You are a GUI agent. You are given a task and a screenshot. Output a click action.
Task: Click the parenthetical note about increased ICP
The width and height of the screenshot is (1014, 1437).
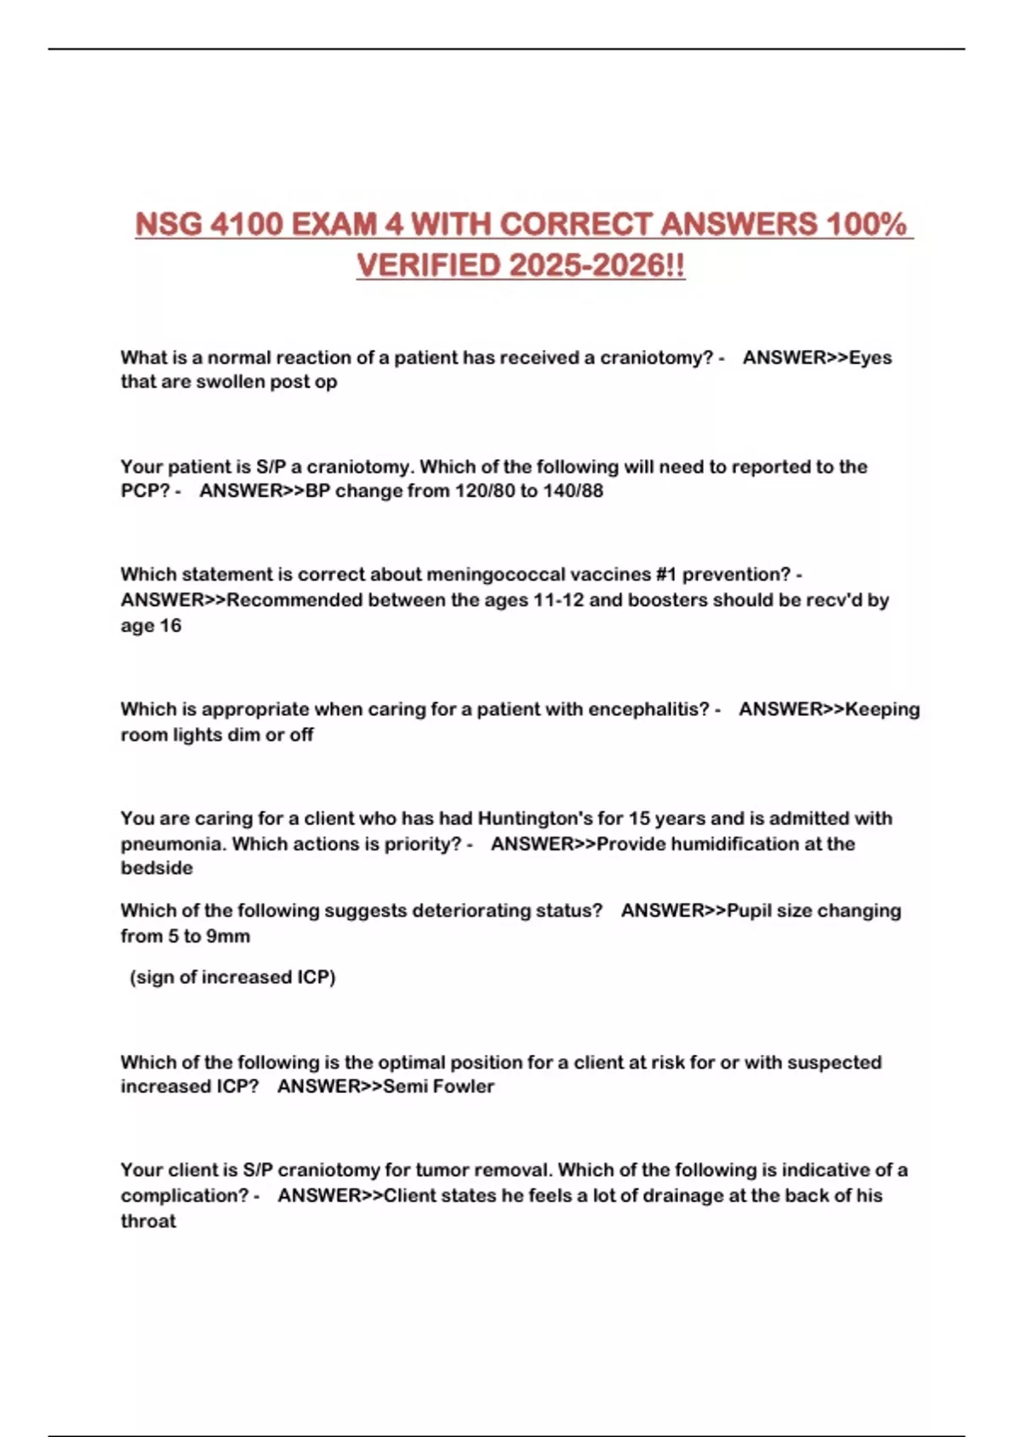[232, 977]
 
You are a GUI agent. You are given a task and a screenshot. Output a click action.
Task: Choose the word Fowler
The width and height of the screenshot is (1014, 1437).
[463, 1086]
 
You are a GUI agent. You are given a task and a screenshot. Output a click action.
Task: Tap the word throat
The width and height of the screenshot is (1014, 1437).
[148, 1221]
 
